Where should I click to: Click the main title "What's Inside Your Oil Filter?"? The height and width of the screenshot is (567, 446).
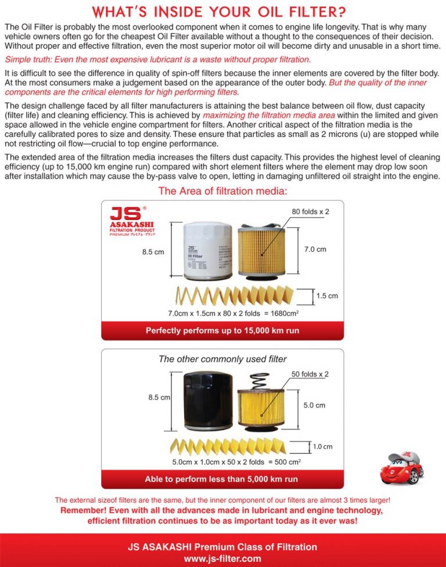223,12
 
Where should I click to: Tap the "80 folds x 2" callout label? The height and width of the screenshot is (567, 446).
310,212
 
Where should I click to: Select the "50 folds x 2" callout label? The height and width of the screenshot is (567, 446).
310,374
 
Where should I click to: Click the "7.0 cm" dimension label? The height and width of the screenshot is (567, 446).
315,250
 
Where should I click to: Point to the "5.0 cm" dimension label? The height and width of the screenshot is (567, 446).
314,405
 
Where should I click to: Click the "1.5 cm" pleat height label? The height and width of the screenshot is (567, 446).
327,296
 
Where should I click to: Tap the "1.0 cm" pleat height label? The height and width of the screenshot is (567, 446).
322,447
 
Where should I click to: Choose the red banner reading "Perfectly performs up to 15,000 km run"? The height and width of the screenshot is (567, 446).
222,331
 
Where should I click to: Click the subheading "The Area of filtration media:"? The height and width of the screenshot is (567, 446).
223,192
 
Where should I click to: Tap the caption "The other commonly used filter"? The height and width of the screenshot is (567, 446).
222,359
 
